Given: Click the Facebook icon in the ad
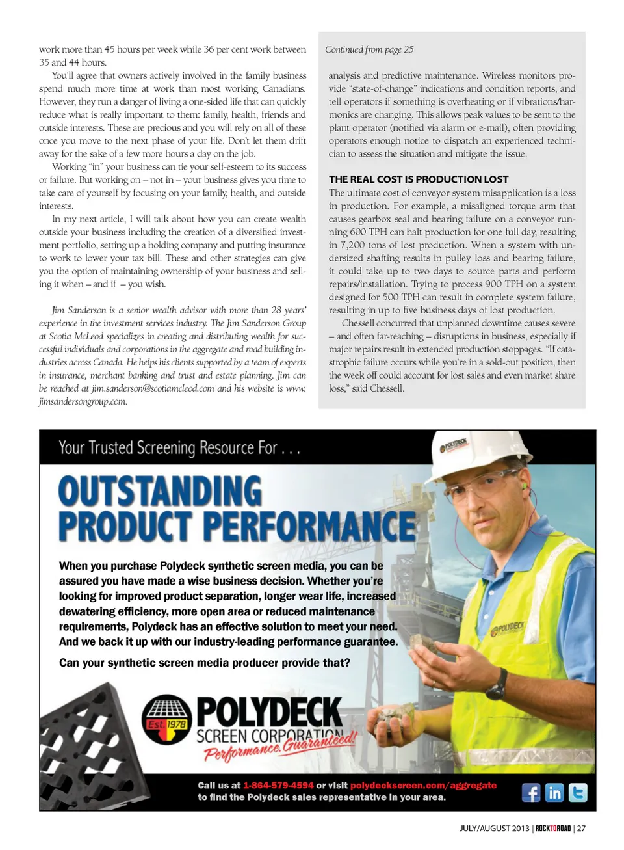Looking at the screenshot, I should click(531, 793).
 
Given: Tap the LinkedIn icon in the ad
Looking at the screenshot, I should click(554, 793).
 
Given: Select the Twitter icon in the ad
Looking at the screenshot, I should click(578, 793).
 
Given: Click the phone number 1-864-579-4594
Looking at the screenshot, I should click(278, 786).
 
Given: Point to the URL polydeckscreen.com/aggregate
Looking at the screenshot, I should click(423, 786).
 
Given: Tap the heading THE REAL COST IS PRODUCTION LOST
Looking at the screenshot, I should click(419, 179).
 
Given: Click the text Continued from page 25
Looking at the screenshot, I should click(369, 49).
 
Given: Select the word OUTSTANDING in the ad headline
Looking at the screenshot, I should click(160, 492).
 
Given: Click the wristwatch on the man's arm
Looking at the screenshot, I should click(499, 683).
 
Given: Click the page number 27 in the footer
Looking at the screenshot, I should click(581, 829).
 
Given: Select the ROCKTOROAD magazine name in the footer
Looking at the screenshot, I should click(553, 829).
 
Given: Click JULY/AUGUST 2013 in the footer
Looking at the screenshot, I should click(495, 829).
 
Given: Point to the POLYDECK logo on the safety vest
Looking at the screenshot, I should click(508, 628).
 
